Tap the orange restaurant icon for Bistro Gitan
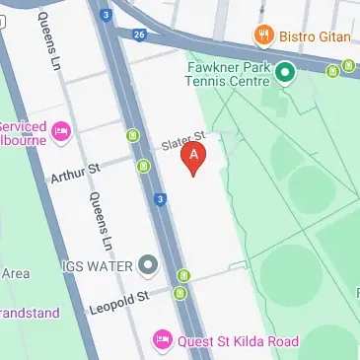[x=262, y=36]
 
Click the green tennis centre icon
[x=287, y=72]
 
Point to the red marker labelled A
[x=195, y=158]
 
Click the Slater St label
[x=182, y=142]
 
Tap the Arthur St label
[x=75, y=175]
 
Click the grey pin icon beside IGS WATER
[x=148, y=265]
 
